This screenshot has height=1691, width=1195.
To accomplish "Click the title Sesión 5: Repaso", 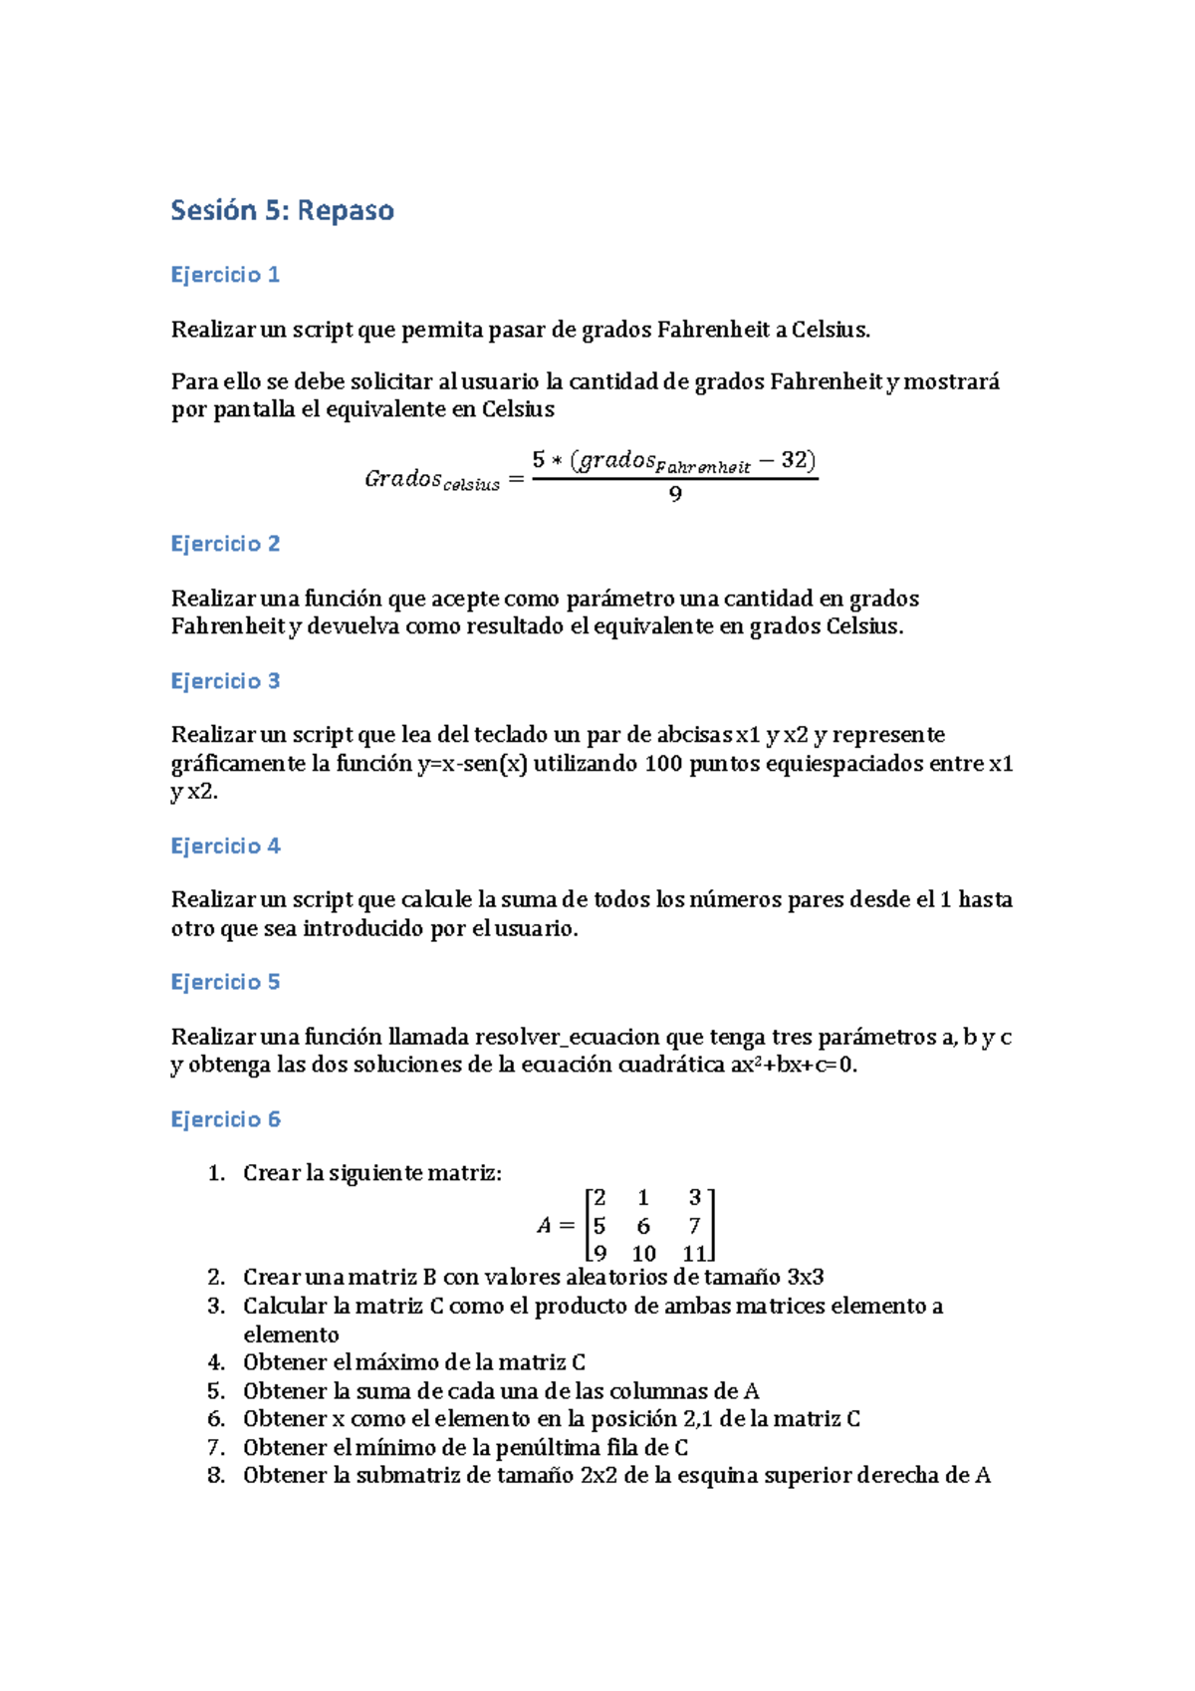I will coord(282,211).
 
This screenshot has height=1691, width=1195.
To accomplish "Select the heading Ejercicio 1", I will coord(225,275).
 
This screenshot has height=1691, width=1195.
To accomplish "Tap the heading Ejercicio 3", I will coord(225,681).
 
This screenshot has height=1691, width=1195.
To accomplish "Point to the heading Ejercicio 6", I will coord(225,1119).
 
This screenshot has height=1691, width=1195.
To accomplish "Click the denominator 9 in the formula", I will coord(675,495).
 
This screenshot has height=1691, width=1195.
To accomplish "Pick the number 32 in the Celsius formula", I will coord(794,460).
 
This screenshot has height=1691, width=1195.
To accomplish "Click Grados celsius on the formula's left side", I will coord(431,479).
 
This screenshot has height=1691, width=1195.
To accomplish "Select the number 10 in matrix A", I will coord(643,1254).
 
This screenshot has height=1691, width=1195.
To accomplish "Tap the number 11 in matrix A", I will coord(694,1254).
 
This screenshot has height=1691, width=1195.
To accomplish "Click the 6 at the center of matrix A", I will coord(643,1226).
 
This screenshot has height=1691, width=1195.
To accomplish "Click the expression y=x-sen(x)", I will coord(472,764).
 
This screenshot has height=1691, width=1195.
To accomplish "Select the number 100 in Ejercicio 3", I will coord(663,764).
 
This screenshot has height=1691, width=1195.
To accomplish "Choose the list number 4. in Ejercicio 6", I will coord(216,1362).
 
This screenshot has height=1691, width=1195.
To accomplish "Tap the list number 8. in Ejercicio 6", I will coord(216,1476).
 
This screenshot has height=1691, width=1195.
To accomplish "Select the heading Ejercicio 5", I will coord(225,982).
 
